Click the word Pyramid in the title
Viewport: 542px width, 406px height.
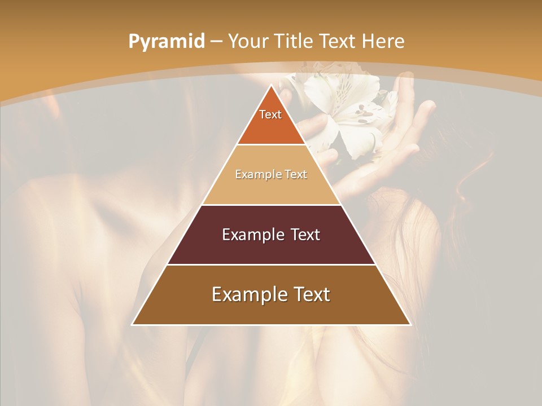click(x=167, y=42)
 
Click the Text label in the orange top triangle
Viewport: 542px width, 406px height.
click(x=270, y=114)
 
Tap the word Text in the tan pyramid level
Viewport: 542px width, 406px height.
click(x=296, y=174)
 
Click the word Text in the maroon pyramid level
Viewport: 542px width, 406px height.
click(x=306, y=235)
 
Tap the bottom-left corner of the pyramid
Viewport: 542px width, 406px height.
click(x=133, y=324)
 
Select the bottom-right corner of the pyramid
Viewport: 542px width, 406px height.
click(x=409, y=324)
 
